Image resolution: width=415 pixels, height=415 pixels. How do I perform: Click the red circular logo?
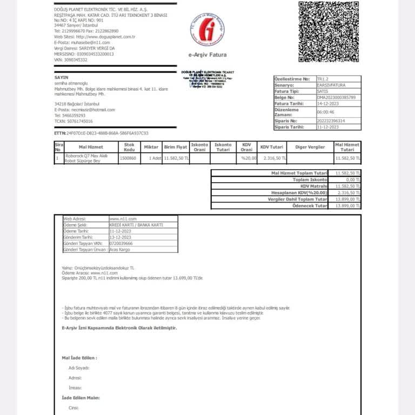tap(207, 31)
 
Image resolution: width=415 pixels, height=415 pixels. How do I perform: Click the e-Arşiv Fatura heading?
tap(207, 55)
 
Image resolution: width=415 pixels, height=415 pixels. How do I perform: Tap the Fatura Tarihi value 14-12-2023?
tap(327, 103)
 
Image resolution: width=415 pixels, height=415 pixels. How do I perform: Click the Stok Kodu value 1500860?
tap(128, 158)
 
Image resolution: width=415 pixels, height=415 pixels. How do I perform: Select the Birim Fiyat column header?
tap(176, 147)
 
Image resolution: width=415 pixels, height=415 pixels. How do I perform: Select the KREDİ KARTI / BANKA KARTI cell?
tap(136, 225)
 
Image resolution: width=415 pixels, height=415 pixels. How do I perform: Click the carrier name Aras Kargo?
tap(121, 249)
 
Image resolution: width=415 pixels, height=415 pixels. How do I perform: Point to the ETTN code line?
tap(101, 133)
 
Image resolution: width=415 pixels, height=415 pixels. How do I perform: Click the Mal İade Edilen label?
tap(79, 358)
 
